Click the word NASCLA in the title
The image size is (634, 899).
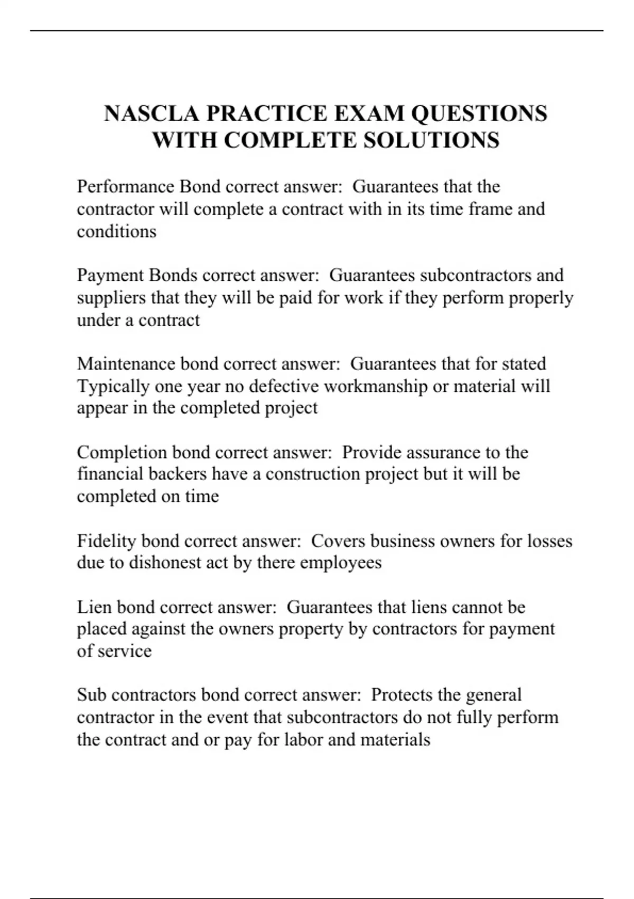pyautogui.click(x=152, y=114)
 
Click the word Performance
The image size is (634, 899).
pyautogui.click(x=126, y=187)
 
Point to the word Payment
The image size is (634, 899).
pyautogui.click(x=110, y=275)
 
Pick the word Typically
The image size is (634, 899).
pyautogui.click(x=113, y=386)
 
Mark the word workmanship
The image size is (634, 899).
pyautogui.click(x=376, y=386)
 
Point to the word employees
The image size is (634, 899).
pyautogui.click(x=341, y=562)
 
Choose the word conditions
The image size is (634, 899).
pyautogui.click(x=117, y=232)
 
